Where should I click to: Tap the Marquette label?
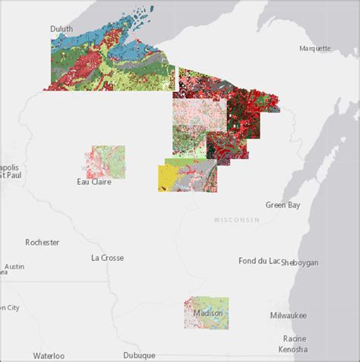(x=314, y=48)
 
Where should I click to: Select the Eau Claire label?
(x=95, y=182)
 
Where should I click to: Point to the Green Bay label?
(x=282, y=205)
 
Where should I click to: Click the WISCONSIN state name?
(x=236, y=220)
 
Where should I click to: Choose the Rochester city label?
(x=43, y=243)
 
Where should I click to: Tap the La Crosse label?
(x=107, y=258)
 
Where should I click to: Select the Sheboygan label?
(x=300, y=262)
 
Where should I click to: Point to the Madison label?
(x=208, y=313)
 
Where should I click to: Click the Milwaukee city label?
(x=288, y=315)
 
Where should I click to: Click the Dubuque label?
(x=139, y=354)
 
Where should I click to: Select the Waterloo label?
(x=48, y=355)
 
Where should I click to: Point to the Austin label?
(x=14, y=267)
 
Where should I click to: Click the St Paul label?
(x=11, y=176)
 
